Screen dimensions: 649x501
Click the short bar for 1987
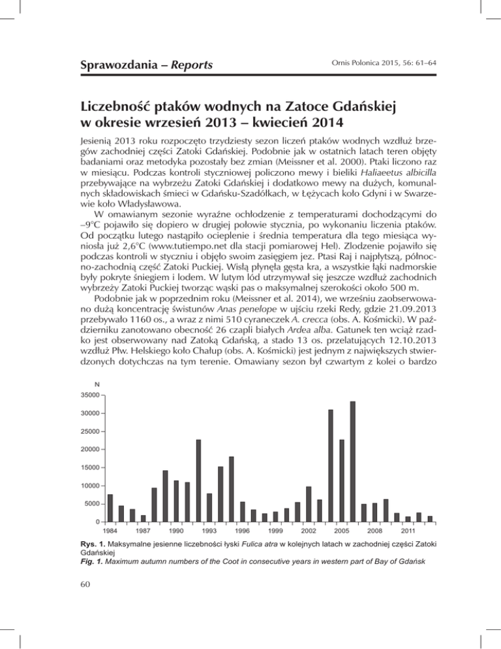[143, 518]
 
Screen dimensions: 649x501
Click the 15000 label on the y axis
[91, 467]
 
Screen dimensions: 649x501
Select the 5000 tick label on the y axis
[93, 504]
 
